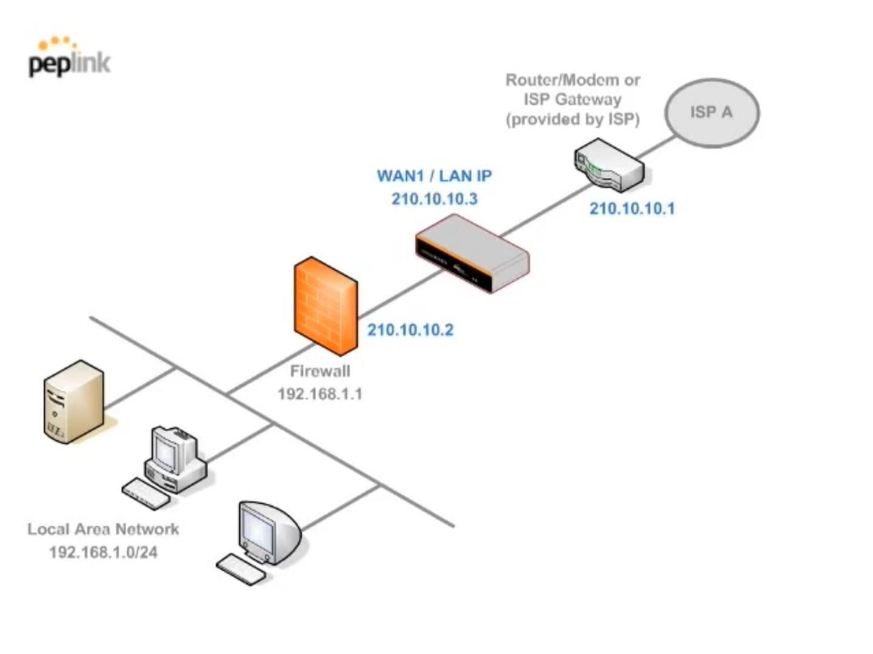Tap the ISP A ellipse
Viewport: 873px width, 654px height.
[712, 113]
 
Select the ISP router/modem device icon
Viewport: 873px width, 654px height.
[609, 164]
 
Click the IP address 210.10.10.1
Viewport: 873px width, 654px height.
[632, 209]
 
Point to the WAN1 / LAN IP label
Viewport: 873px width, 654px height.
[434, 176]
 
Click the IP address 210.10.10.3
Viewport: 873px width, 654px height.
[434, 199]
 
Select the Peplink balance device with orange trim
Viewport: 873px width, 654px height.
[472, 254]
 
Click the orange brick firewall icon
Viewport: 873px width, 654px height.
[326, 306]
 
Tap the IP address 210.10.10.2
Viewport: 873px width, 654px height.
[410, 330]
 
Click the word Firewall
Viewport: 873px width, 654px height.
[319, 371]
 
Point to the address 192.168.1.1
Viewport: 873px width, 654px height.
[319, 394]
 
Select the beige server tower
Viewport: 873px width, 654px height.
[73, 401]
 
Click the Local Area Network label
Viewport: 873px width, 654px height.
[103, 529]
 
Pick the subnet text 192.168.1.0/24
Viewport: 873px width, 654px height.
[103, 552]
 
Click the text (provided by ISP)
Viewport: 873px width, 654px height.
[572, 119]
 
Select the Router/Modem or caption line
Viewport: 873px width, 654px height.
[572, 80]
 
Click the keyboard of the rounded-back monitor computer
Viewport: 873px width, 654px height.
[241, 570]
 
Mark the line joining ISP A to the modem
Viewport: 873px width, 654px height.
[657, 147]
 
